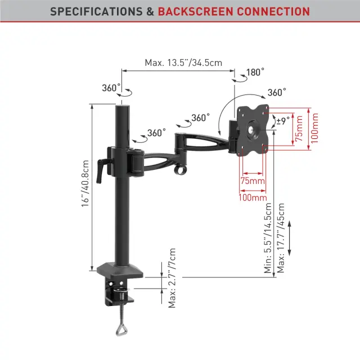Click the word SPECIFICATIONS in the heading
pyautogui.click(x=96, y=11)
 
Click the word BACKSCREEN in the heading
pyautogui.click(x=196, y=11)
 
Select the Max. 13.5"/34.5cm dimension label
pyautogui.click(x=183, y=62)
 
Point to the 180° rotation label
pyautogui.click(x=255, y=73)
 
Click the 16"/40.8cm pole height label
pyautogui.click(x=85, y=183)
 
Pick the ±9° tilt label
pyautogui.click(x=283, y=121)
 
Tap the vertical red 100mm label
pyautogui.click(x=314, y=128)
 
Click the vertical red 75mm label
pyautogui.click(x=299, y=129)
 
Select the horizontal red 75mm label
pyautogui.click(x=253, y=181)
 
